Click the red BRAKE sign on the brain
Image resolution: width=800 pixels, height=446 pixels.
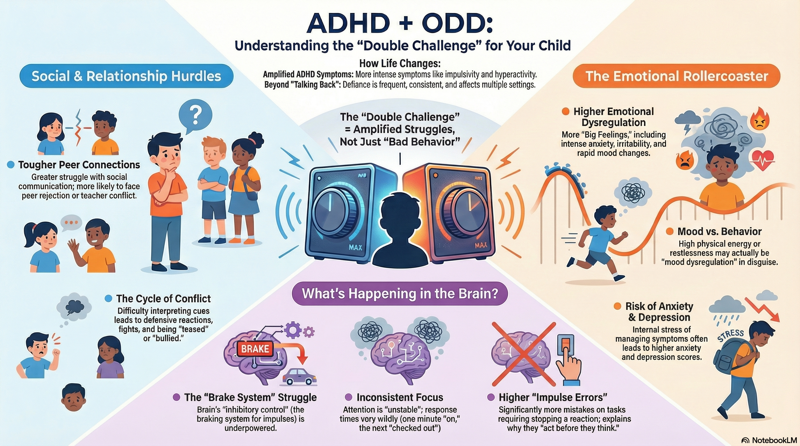coord(255,349)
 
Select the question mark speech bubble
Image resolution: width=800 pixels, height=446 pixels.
coord(195,115)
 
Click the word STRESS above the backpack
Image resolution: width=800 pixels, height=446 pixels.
coord(731,336)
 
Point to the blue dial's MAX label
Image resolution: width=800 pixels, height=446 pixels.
coord(355,247)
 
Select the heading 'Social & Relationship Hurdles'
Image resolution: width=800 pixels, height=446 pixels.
coord(126,76)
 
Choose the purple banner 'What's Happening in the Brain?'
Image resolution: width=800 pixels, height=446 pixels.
coord(400,293)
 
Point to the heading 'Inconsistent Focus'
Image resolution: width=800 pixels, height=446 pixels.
coord(399,397)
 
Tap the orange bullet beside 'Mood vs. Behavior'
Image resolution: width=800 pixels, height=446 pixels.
coord(669,231)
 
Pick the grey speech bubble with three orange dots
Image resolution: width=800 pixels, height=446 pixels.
coord(71,223)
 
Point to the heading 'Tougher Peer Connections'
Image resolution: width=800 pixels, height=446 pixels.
coord(79,165)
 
